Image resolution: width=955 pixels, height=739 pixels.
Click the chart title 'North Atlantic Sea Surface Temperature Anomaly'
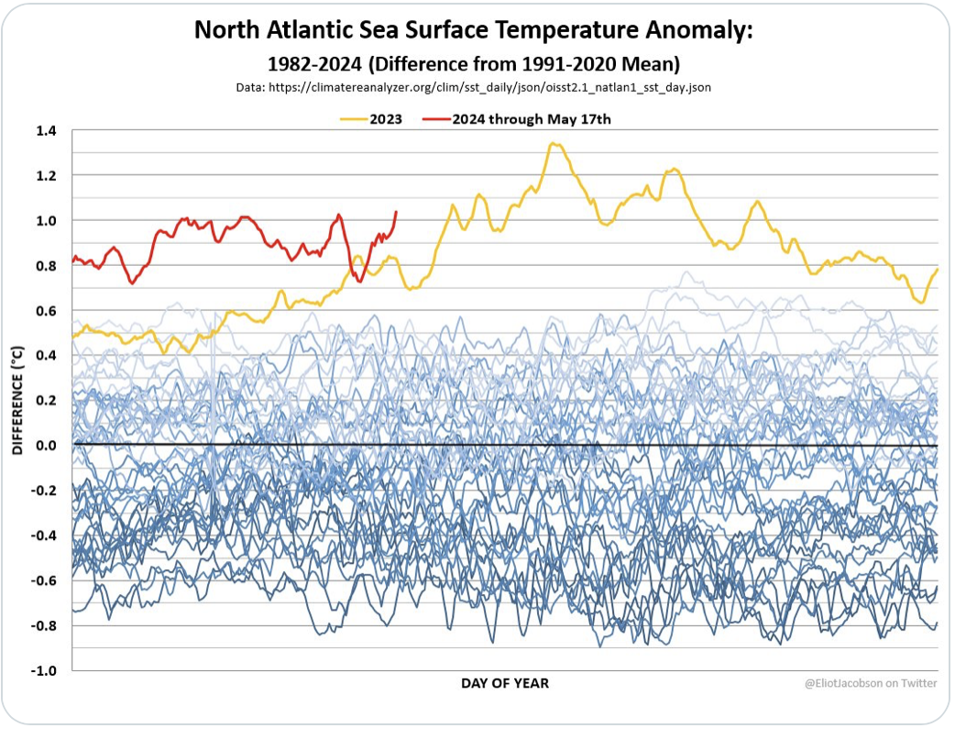tap(473, 31)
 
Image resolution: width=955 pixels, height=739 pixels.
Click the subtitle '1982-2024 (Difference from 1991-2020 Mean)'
tap(473, 64)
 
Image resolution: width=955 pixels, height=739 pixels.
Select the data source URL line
tap(473, 88)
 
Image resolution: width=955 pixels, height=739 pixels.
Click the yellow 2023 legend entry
tap(371, 119)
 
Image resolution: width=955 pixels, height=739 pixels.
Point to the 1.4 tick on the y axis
tap(45, 131)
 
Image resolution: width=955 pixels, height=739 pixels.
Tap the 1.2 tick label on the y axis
tap(45, 176)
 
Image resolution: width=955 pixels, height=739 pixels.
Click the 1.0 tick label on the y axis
tap(45, 221)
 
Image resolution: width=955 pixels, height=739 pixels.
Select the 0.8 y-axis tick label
tap(45, 266)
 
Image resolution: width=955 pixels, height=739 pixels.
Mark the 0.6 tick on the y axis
tap(45, 311)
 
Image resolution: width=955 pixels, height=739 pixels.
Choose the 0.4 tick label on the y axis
tap(45, 356)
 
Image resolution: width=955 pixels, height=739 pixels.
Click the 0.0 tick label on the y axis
tap(45, 446)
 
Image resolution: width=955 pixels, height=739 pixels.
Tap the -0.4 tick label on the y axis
tap(43, 535)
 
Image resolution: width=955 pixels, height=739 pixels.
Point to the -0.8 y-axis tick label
tap(43, 625)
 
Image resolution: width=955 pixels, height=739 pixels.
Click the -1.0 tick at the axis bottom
tap(43, 670)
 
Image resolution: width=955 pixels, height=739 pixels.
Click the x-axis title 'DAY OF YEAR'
tap(505, 684)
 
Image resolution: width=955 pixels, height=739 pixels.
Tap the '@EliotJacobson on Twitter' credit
tap(870, 684)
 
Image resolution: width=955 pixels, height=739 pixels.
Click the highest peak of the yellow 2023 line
tap(552, 143)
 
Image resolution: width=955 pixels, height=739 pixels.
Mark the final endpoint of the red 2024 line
tap(396, 212)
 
